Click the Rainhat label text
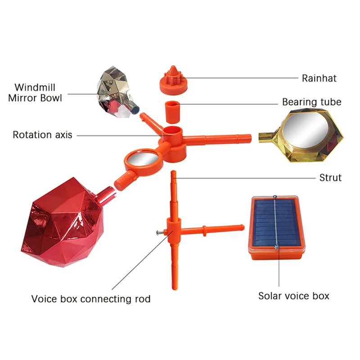[319, 78]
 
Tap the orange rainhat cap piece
[173, 81]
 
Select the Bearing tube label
[311, 102]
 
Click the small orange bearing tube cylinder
[173, 112]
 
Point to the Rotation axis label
[42, 135]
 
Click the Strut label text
[330, 178]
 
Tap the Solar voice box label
[294, 296]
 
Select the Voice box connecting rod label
[91, 299]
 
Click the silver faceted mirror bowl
[116, 92]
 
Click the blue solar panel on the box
[276, 221]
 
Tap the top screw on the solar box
[274, 197]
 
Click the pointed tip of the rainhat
[173, 66]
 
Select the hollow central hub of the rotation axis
[173, 132]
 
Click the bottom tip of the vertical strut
[175, 288]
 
